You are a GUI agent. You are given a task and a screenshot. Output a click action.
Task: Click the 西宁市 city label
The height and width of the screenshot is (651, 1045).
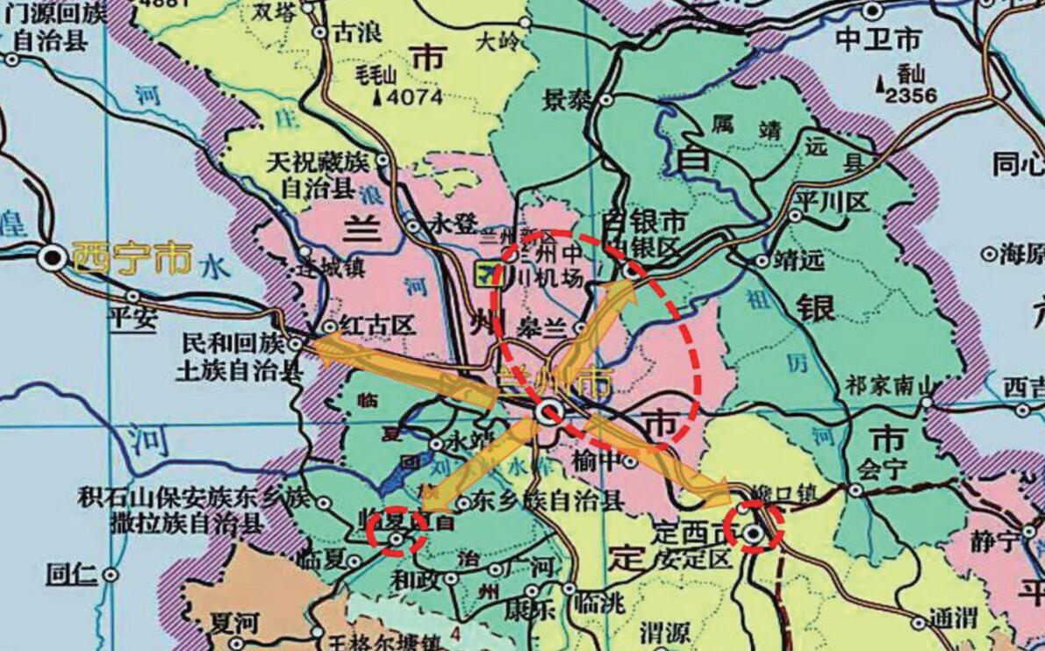132,258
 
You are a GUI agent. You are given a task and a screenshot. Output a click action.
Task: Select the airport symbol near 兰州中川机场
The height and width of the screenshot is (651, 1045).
483,275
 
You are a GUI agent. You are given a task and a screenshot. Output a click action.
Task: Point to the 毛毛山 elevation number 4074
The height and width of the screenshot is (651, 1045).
414,97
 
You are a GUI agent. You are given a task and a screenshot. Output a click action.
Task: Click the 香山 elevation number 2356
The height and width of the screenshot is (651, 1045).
912,95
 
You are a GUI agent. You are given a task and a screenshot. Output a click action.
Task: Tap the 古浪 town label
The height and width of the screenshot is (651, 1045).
357,33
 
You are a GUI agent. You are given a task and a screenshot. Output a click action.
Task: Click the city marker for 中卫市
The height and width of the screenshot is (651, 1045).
872,11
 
